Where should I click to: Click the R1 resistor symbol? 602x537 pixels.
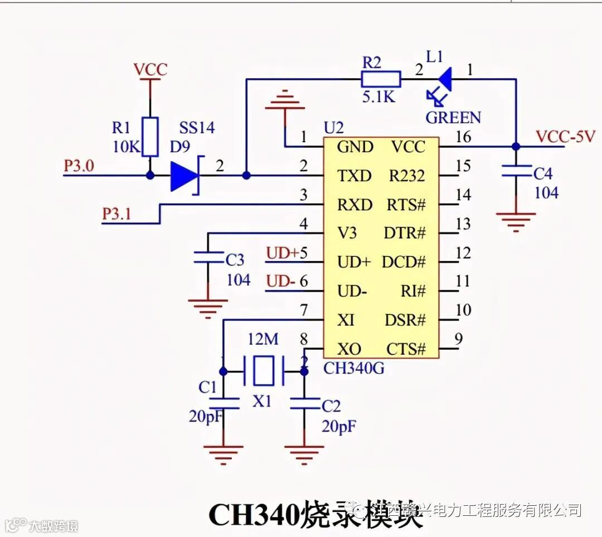click(x=150, y=137)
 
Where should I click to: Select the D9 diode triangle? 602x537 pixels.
click(x=185, y=176)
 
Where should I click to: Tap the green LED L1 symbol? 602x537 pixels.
click(x=444, y=79)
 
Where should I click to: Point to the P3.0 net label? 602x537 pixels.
click(x=80, y=166)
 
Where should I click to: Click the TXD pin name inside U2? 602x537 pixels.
click(x=354, y=176)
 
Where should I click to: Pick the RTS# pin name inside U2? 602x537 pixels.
click(x=406, y=205)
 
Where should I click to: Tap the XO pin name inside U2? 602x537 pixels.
click(x=349, y=350)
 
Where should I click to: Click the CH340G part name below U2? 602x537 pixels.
click(x=353, y=368)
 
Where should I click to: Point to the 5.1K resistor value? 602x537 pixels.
click(x=378, y=97)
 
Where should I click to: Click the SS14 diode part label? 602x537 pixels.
click(x=197, y=128)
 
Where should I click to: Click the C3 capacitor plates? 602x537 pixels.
click(x=208, y=257)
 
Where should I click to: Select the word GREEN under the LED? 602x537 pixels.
click(x=453, y=118)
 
